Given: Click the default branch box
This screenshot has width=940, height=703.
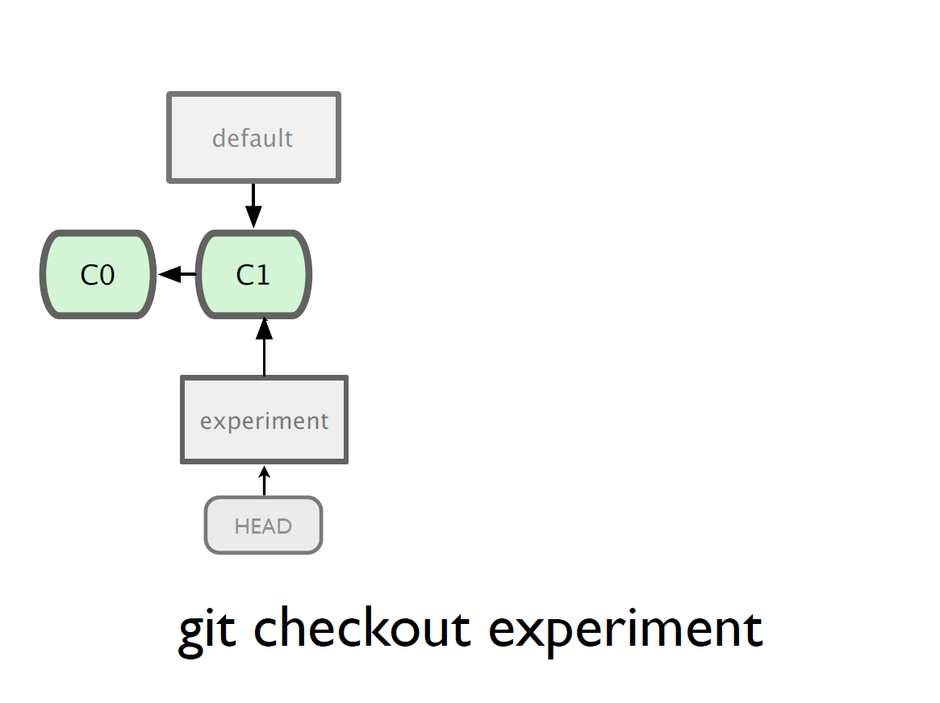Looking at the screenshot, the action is point(253,138).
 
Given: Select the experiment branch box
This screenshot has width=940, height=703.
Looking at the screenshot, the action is point(265,420).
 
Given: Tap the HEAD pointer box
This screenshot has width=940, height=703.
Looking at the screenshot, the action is point(264,525).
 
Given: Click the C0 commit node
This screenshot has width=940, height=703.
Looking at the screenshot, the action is point(98,274).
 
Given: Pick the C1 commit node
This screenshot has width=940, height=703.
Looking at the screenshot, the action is point(253,274).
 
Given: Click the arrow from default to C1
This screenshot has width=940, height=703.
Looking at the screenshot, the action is point(253,206).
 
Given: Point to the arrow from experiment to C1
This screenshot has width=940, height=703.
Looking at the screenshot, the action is point(265,347).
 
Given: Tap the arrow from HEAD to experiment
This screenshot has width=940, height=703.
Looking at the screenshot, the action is point(265,480).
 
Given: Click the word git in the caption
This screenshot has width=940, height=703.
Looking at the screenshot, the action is point(207,631).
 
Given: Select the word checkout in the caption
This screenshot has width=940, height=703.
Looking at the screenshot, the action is point(362,627).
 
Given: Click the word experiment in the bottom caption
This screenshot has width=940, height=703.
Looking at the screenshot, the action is point(626,631).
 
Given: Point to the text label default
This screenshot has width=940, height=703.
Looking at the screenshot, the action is point(253,138).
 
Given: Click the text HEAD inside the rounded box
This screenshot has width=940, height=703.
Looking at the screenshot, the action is point(263,526).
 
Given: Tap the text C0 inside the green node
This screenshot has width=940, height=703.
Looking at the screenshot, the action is point(97,275).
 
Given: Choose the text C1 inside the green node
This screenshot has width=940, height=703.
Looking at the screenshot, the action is point(253,275).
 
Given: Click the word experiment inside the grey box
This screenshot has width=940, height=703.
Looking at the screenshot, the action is point(265,421).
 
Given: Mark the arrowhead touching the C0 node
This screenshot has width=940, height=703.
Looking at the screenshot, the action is point(169,274).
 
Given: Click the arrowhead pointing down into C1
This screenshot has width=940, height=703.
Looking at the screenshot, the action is point(253,217).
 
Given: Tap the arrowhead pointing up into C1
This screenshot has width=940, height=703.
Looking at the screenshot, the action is point(265,330).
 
